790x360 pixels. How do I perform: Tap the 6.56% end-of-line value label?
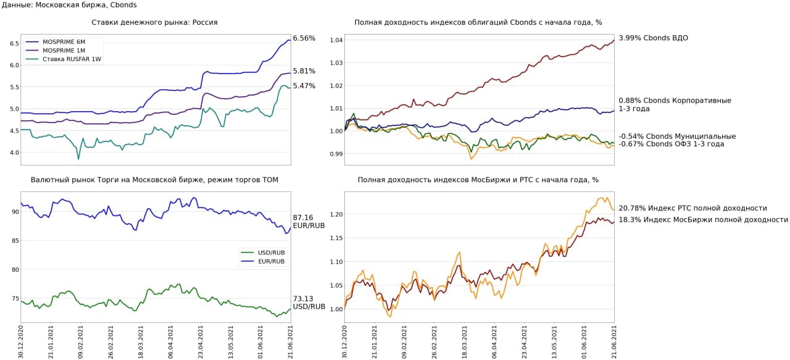click(x=304, y=38)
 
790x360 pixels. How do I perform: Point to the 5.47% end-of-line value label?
click(x=304, y=86)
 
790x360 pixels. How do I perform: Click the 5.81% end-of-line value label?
click(x=304, y=71)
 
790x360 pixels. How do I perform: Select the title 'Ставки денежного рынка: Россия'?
click(x=154, y=22)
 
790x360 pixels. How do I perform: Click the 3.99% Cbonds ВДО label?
click(x=653, y=38)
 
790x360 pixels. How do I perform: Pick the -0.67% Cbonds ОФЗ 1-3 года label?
click(x=671, y=144)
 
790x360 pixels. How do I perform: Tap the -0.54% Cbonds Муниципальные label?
click(x=676, y=136)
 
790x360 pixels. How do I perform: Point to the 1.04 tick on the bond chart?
click(x=335, y=40)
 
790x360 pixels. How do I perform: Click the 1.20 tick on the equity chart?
click(x=335, y=214)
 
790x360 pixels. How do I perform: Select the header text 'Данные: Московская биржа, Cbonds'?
click(x=69, y=5)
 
